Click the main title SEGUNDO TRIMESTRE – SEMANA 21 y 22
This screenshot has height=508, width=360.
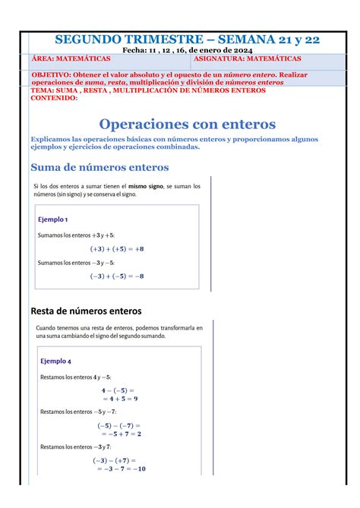coord(181,38)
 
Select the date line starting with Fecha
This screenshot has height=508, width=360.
coord(180,50)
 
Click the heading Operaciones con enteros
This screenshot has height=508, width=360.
coord(188,123)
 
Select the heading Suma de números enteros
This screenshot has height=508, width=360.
coord(99,167)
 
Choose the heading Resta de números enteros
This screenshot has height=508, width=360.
coord(85,311)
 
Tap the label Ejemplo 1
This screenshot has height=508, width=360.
coord(53,219)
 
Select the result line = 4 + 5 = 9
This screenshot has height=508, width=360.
coord(119,398)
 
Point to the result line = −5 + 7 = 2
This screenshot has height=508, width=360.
coord(119,434)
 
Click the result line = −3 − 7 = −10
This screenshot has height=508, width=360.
coord(120,469)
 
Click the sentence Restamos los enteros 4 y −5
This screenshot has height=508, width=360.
coord(76,377)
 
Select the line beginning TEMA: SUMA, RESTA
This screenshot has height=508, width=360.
coord(148,90)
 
